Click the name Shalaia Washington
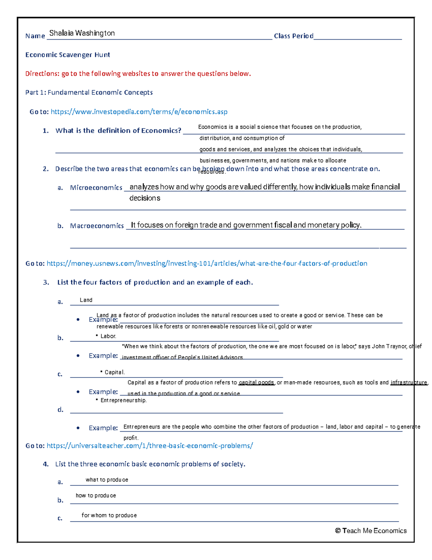point(82,33)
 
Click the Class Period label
point(293,36)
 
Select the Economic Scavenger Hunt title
point(68,55)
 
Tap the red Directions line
point(138,74)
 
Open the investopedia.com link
point(139,112)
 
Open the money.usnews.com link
point(207,264)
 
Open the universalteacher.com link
point(150,446)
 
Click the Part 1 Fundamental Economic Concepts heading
point(89,93)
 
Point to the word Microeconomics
point(96,188)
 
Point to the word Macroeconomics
point(97,226)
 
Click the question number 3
point(46,282)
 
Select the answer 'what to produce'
point(107,480)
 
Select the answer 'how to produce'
point(96,495)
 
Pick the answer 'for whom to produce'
point(109,515)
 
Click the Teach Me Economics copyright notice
point(370,531)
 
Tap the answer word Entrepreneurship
point(123,400)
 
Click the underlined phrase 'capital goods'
point(256,383)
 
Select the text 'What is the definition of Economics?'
point(118,131)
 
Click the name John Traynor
point(389,346)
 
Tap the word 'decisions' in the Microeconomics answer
point(145,198)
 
